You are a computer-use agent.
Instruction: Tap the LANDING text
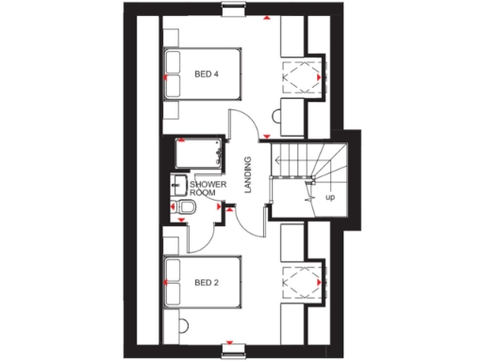click(x=247, y=175)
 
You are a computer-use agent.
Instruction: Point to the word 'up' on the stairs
click(x=330, y=198)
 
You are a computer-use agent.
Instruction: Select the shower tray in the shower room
click(x=196, y=152)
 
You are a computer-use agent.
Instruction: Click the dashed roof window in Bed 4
click(x=303, y=74)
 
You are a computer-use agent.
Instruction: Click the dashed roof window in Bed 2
click(x=303, y=282)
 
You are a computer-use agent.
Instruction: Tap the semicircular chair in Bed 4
click(x=277, y=116)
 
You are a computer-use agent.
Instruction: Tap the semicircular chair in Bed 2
click(x=277, y=325)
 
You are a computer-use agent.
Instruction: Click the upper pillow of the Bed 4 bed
click(x=173, y=62)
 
